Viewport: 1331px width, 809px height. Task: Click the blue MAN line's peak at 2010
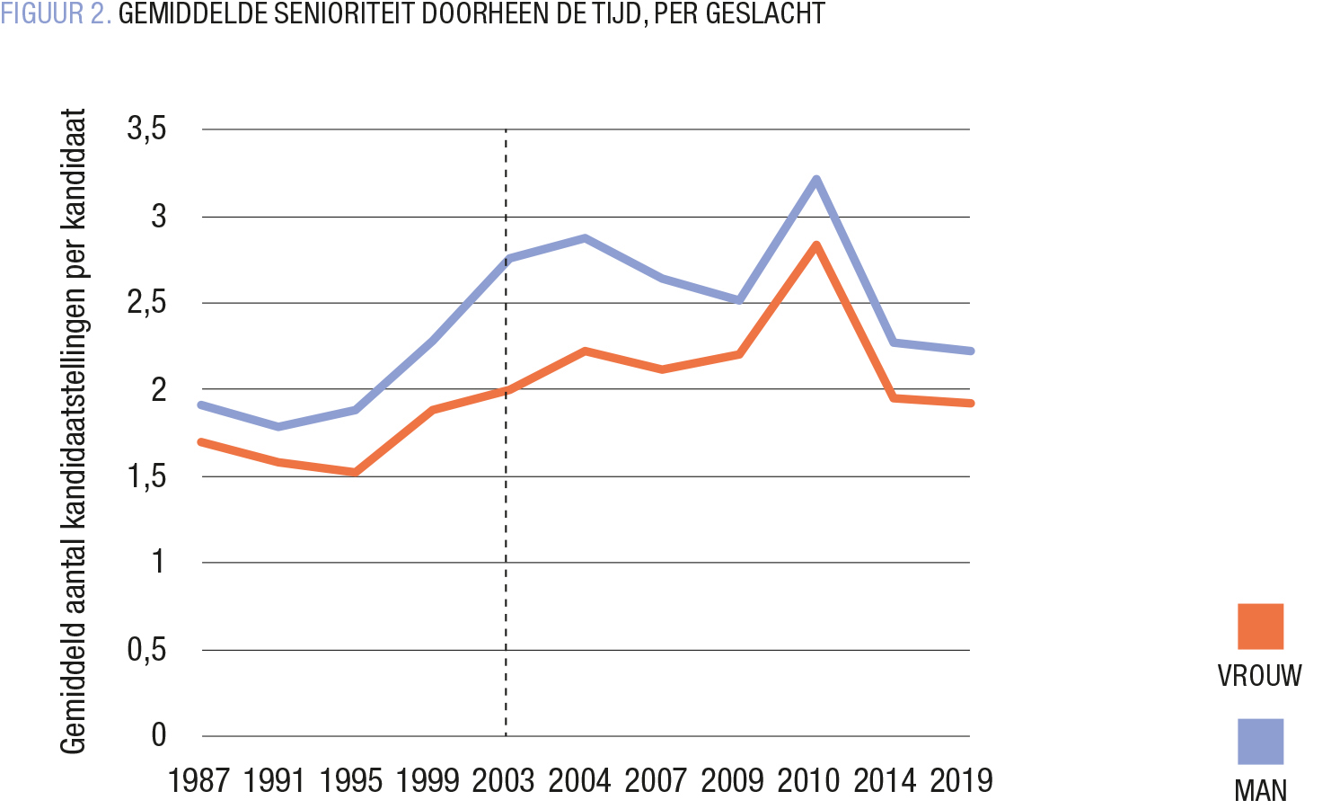pos(815,179)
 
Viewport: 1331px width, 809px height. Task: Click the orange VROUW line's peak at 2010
pos(815,244)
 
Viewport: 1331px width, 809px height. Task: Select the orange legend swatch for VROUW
pos(1260,627)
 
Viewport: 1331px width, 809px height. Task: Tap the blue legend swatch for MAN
pos(1260,742)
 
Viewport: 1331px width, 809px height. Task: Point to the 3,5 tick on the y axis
pos(147,129)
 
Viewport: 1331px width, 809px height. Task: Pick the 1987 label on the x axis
pos(199,781)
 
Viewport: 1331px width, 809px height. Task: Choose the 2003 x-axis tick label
pos(504,781)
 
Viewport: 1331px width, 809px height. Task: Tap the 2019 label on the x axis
pos(961,781)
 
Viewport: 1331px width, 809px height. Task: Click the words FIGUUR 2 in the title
pos(56,14)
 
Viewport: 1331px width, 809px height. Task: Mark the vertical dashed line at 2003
pos(506,539)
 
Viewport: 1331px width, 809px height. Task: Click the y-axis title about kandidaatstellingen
pos(73,431)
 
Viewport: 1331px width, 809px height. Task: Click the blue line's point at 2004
pos(585,238)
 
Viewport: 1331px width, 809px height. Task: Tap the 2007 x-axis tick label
pos(656,781)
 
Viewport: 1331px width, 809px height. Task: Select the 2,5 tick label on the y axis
pos(147,303)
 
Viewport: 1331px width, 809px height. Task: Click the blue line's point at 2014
pos(894,342)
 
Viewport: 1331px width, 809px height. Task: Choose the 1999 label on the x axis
pos(428,781)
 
